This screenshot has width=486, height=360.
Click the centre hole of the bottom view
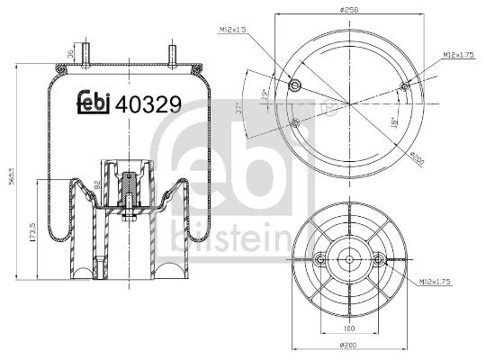(349, 260)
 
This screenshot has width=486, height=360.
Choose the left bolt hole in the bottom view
(321, 260)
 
